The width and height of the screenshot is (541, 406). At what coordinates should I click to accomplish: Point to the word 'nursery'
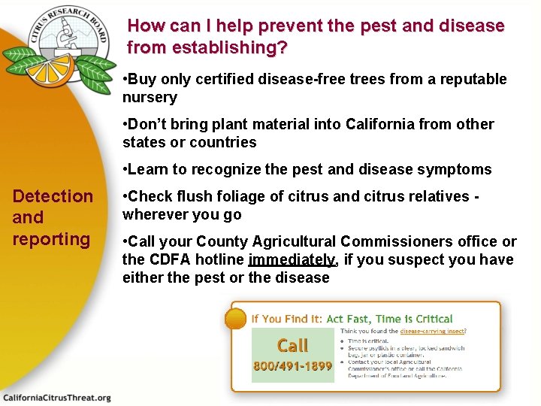pos(150,98)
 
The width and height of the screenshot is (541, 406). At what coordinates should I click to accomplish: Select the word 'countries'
pos(222,142)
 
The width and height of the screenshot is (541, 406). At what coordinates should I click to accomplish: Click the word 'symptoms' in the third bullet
pos(455,169)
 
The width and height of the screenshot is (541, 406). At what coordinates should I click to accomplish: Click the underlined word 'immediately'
pos(292,259)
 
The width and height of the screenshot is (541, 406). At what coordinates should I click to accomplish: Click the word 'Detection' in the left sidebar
pos(53,196)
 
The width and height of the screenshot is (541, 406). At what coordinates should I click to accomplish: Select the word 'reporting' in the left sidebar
pos(51,239)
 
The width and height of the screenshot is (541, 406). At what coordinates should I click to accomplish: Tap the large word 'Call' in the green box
pos(292,345)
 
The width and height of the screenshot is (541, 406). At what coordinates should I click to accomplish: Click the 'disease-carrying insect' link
pos(432,331)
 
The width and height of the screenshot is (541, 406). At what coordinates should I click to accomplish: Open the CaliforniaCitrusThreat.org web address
pos(57,397)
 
